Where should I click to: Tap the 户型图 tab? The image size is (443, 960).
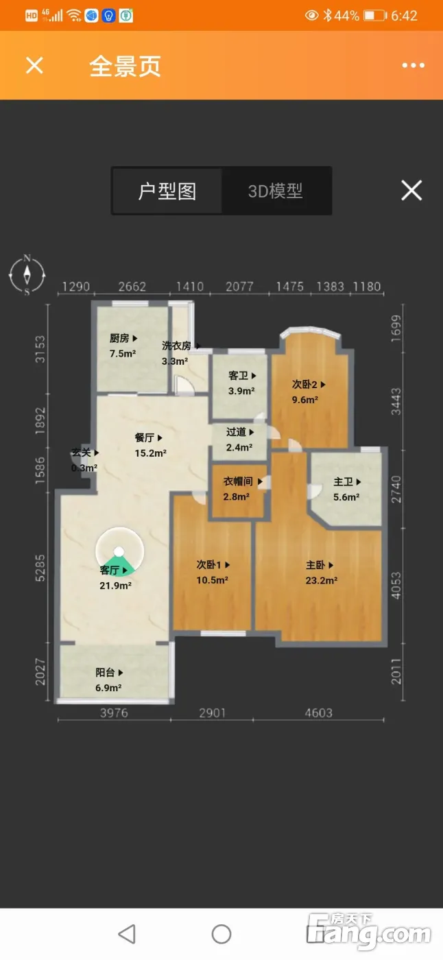coord(167,191)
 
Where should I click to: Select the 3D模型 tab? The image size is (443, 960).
coord(276,191)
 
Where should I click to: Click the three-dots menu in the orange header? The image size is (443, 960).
coord(414,65)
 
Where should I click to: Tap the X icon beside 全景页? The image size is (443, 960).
coord(34,66)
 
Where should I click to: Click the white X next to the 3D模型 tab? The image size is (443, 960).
coord(411,191)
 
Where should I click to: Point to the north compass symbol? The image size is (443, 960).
coord(27,275)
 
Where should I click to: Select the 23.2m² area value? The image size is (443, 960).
coord(322,580)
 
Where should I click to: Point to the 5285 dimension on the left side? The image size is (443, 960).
coord(40,568)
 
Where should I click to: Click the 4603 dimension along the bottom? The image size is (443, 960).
coord(318,712)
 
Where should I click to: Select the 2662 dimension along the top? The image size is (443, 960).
coord(132,287)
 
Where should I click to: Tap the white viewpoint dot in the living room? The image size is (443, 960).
coord(119,551)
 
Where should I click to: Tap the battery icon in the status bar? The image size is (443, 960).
coord(375,16)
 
